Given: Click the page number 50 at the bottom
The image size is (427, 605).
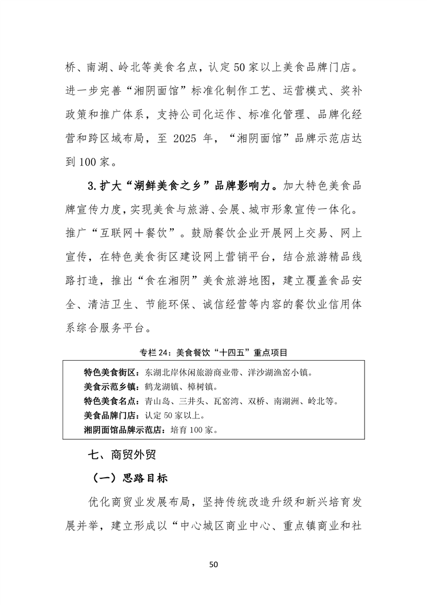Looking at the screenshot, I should tap(213, 565).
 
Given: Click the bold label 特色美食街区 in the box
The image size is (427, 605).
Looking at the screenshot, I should tap(110, 373).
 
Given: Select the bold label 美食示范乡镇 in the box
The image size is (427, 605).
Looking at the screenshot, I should tap(110, 387).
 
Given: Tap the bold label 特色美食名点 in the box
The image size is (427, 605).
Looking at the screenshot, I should tap(110, 401).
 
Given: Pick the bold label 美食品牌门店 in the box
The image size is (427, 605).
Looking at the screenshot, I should tap(110, 416).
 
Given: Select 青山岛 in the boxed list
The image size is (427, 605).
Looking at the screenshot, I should tap(156, 401).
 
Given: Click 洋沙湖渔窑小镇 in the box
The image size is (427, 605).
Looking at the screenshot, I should tap(282, 373).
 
